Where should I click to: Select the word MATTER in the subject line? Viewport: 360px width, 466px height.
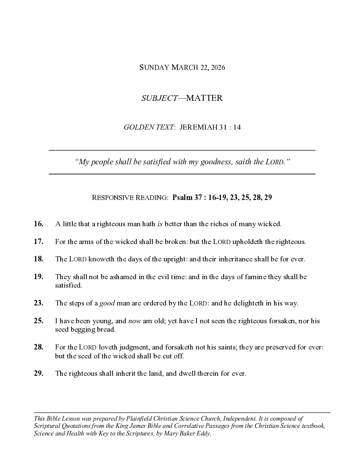205,98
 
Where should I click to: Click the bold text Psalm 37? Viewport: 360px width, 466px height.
187,197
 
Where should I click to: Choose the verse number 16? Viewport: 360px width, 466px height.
39,224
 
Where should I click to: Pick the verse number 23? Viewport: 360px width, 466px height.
39,303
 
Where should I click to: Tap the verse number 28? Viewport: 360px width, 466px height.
39,347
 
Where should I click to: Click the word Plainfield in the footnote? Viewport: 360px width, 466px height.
125,418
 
